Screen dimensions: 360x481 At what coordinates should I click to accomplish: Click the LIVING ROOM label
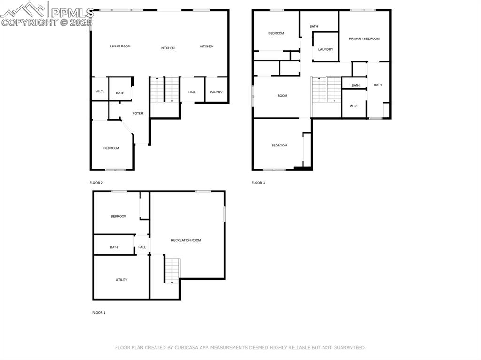120,46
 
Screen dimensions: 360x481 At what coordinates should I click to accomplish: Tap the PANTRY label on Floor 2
216,92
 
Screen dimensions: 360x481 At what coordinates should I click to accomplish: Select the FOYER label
138,113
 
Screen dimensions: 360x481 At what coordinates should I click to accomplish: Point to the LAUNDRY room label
326,49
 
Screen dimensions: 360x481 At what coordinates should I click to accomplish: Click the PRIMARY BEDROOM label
364,39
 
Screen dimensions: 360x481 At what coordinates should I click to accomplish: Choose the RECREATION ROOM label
186,240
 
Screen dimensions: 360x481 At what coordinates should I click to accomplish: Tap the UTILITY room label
122,280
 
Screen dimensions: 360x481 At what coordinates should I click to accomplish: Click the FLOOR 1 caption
99,312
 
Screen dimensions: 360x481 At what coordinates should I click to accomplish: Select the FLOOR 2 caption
96,183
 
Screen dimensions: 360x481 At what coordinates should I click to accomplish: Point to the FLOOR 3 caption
258,183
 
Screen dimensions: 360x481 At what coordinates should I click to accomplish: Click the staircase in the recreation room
172,270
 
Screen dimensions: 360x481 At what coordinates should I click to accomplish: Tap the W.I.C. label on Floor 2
100,92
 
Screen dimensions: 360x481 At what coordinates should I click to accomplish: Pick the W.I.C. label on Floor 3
354,106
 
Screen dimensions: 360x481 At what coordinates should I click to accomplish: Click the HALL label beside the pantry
192,92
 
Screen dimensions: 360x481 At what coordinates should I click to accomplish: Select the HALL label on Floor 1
142,247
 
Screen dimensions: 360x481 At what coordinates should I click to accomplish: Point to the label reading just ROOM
282,96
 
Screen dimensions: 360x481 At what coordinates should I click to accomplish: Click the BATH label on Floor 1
114,247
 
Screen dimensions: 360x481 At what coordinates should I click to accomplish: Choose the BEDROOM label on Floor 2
111,148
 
